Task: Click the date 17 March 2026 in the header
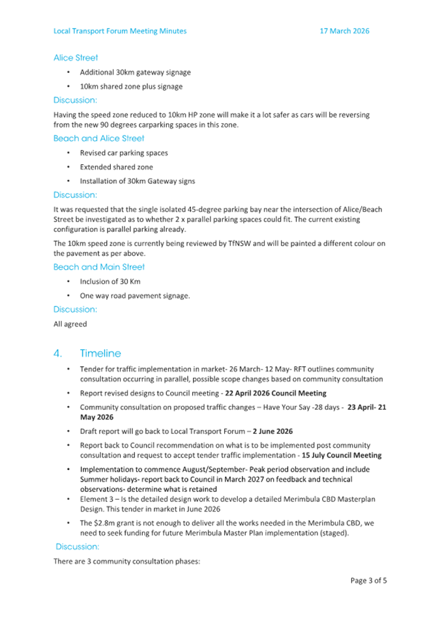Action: click(x=345, y=31)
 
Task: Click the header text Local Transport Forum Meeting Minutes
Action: click(x=120, y=31)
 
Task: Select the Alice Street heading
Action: click(x=76, y=58)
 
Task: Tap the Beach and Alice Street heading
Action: click(x=99, y=138)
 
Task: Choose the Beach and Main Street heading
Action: click(x=99, y=267)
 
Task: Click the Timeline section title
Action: click(x=100, y=354)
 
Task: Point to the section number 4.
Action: click(x=58, y=354)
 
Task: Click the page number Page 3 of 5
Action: click(x=368, y=580)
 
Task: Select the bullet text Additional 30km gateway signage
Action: click(x=135, y=72)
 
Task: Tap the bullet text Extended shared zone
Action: click(x=117, y=167)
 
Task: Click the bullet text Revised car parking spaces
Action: click(x=124, y=152)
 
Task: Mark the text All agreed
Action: click(x=70, y=323)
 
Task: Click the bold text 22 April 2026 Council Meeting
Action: click(x=276, y=394)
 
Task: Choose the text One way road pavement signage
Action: click(x=135, y=296)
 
